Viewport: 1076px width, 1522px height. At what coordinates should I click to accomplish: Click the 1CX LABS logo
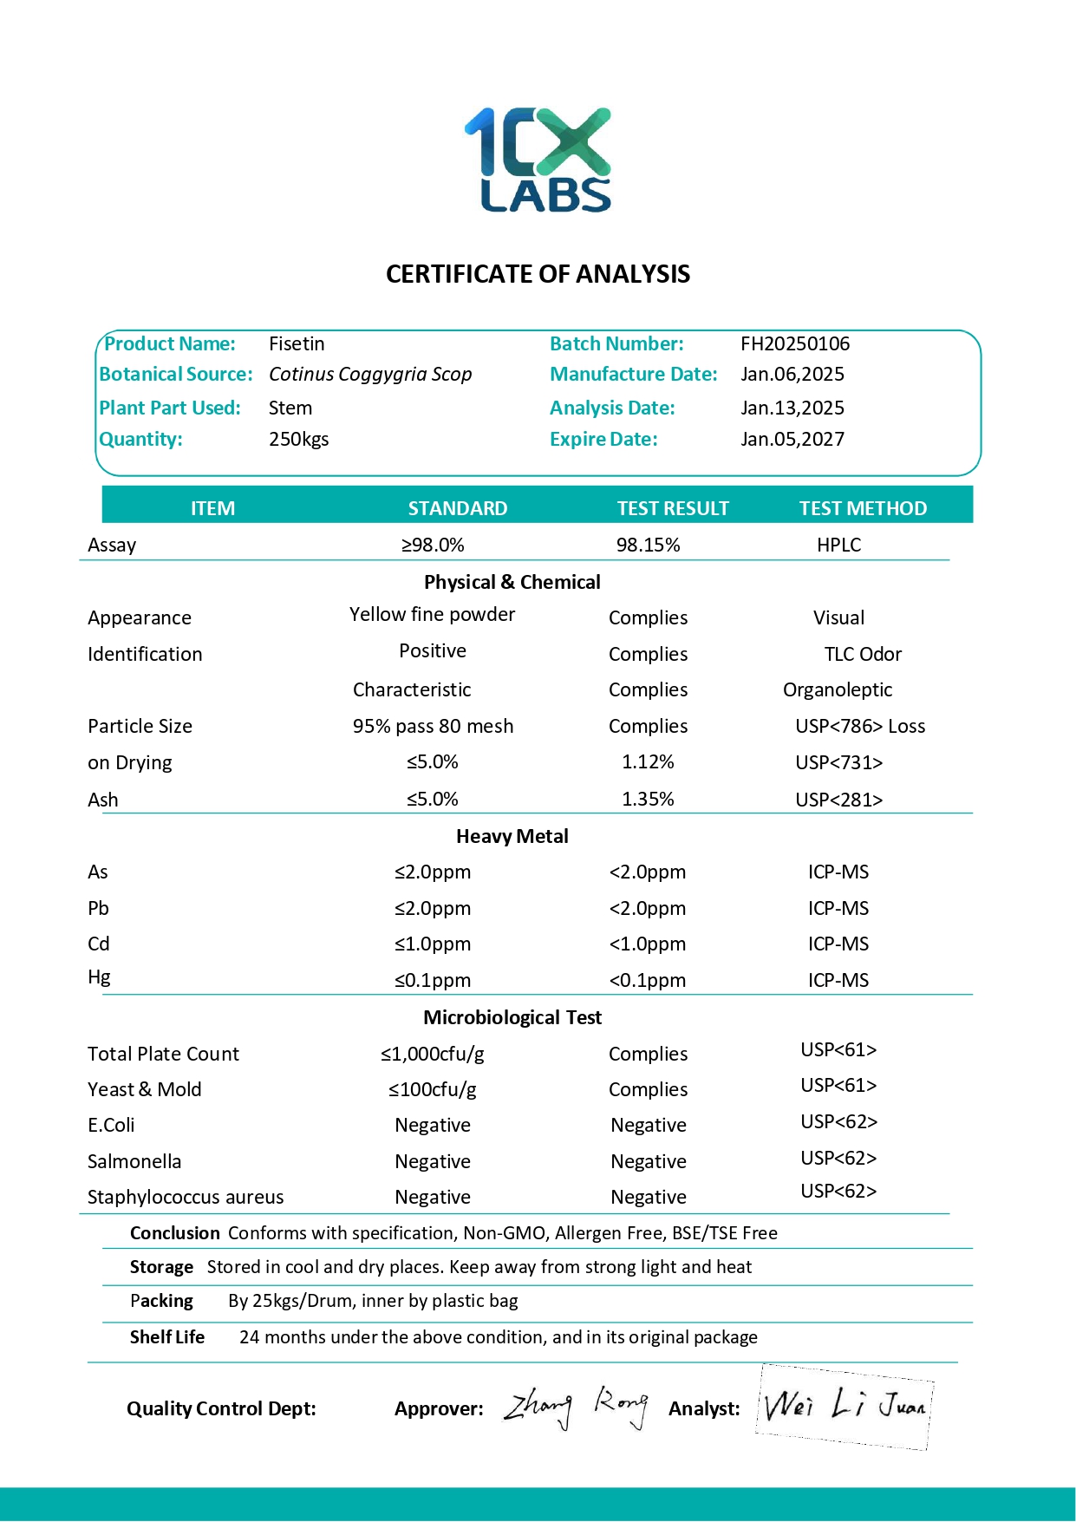(538, 160)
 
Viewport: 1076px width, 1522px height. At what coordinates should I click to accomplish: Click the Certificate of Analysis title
(538, 274)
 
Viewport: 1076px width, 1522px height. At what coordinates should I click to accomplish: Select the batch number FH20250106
(795, 344)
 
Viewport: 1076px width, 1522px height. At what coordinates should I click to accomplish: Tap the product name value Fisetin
(297, 344)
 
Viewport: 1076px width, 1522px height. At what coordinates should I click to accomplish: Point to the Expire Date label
(603, 440)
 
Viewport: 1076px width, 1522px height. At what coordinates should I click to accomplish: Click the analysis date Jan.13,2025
(792, 408)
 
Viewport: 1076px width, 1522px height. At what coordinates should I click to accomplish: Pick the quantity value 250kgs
(298, 440)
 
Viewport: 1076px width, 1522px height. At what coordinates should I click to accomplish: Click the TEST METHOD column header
(863, 508)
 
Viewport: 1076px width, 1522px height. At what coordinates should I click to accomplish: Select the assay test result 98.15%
(648, 545)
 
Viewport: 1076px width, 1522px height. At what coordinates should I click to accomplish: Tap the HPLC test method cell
(838, 545)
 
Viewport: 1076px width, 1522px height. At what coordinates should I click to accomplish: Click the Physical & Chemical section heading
(512, 582)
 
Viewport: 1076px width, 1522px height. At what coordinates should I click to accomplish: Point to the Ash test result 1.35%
(648, 800)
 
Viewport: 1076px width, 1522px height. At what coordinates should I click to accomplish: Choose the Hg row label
(99, 977)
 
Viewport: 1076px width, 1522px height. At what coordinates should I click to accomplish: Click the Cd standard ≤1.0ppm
(433, 944)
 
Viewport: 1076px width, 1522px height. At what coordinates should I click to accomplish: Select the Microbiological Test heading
(512, 1017)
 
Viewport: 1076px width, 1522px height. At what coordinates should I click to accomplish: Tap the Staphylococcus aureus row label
(186, 1198)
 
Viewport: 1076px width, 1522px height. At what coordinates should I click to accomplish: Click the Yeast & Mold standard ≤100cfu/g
(432, 1090)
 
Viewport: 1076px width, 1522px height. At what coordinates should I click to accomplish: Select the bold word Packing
(161, 1301)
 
